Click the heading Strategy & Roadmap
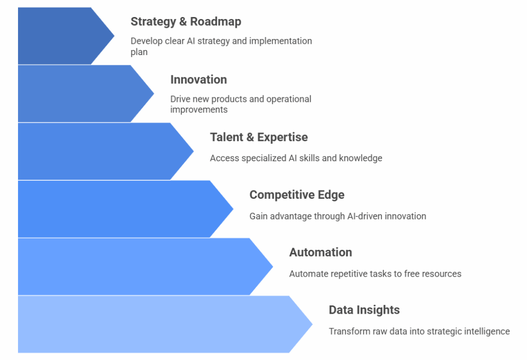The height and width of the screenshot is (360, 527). coord(186,22)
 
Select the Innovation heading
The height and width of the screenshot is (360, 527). coord(199,80)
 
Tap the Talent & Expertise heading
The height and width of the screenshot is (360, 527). coord(259,138)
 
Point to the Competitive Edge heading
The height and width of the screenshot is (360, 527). coord(297,195)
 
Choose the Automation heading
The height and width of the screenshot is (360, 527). coord(321,252)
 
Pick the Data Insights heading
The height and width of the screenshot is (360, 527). coord(364,310)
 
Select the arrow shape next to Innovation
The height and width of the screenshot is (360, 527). coord(86,94)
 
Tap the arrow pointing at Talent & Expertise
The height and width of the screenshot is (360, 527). coord(106,151)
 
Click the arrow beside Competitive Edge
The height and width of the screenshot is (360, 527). coord(126,209)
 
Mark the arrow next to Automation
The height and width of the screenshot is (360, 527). coord(146,267)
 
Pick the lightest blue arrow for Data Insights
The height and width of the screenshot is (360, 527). coord(165,324)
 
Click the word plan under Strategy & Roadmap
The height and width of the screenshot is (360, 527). coord(139,52)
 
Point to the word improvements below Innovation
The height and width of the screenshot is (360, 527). coord(199,110)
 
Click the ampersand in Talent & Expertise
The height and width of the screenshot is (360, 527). coord(250,138)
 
